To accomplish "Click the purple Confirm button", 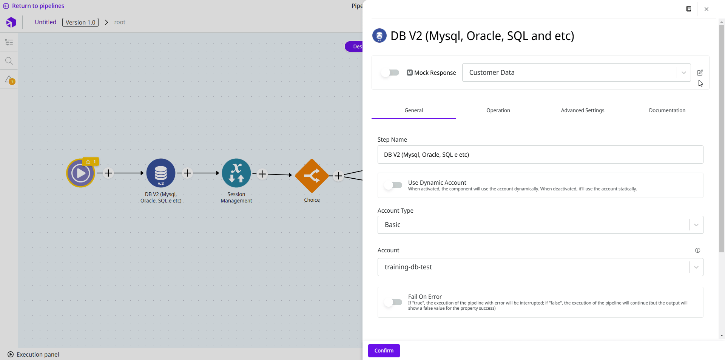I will tap(384, 351).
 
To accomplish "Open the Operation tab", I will tap(498, 110).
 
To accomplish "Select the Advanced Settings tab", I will tap(582, 110).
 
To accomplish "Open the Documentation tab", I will tap(667, 110).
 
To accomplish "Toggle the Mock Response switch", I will tap(390, 73).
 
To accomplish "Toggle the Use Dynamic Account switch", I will tap(393, 185).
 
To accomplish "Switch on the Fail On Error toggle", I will tap(393, 302).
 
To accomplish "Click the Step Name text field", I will tap(540, 155).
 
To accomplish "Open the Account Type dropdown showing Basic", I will tap(540, 225).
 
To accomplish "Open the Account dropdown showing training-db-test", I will tap(540, 267).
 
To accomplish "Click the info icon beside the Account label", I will tap(697, 250).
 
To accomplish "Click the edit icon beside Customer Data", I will tap(700, 73).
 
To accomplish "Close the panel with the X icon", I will tap(706, 9).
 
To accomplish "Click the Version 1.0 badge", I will tap(80, 22).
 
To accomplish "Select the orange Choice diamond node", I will tap(312, 176).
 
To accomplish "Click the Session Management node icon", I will tap(236, 173).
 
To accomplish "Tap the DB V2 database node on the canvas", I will tap(161, 173).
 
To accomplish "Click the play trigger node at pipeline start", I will tap(80, 173).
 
